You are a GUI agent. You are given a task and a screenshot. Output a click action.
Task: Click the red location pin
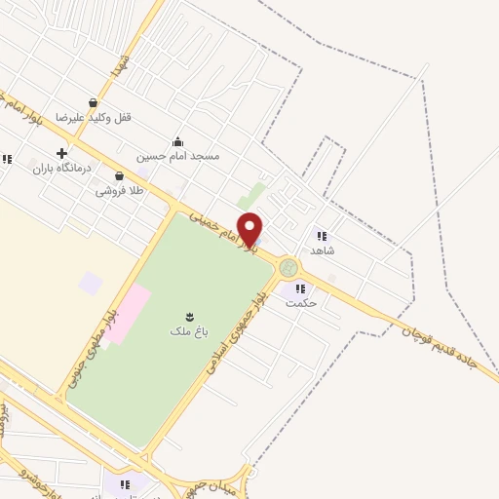[x=250, y=229]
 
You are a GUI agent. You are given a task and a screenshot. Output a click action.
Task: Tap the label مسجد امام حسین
[x=191, y=156]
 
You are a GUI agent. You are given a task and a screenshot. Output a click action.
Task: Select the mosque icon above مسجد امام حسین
[x=177, y=141]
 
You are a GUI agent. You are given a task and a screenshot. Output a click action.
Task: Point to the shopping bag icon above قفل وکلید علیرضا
[x=93, y=102]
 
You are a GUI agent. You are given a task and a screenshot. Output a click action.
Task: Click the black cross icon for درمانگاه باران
[x=61, y=153]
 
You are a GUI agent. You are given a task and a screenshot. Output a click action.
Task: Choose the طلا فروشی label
[x=119, y=191]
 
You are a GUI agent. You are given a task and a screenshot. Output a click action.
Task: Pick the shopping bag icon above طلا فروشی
[x=119, y=176]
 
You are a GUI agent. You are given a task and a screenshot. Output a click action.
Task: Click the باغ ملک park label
[x=188, y=331]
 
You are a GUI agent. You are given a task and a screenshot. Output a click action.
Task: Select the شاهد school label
[x=322, y=250]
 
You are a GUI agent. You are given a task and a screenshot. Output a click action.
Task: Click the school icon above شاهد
[x=321, y=235]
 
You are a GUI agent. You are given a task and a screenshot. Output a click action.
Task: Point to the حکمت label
[x=301, y=303]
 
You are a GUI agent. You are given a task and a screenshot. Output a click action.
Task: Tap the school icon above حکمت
[x=299, y=288]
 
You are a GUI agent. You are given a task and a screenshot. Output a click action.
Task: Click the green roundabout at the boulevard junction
[x=288, y=267]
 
